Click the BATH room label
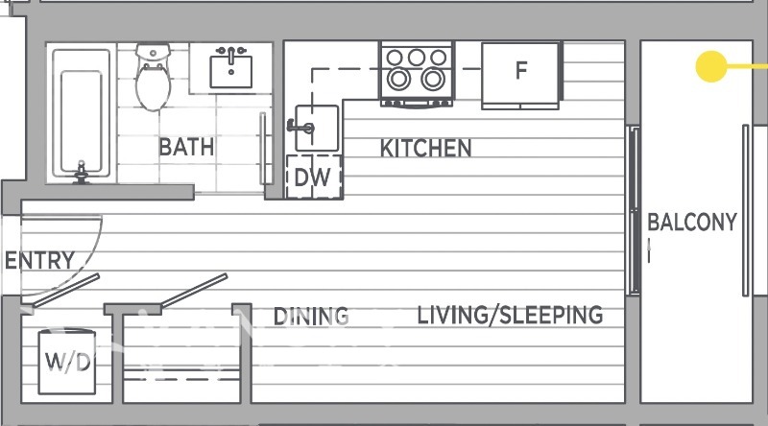(x=186, y=147)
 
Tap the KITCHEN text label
(x=425, y=149)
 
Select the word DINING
(x=311, y=317)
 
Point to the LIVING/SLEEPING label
(x=510, y=315)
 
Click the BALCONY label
(x=692, y=222)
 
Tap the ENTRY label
(x=39, y=260)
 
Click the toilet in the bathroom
(x=154, y=78)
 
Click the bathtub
(x=82, y=114)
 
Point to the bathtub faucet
(x=81, y=173)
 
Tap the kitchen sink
(x=317, y=128)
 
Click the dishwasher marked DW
(x=314, y=177)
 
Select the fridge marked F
(x=520, y=75)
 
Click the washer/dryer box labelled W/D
(x=67, y=362)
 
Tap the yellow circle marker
(x=711, y=66)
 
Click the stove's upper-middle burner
(x=417, y=58)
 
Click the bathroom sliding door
(x=263, y=149)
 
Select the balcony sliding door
(x=635, y=210)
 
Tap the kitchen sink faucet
(x=300, y=128)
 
